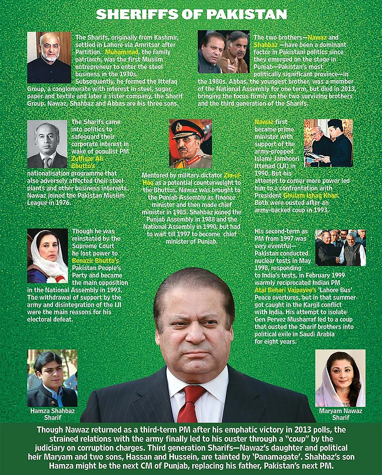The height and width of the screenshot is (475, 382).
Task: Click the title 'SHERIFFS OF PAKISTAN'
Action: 191,14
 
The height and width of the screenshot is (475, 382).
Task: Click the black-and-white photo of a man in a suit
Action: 47,144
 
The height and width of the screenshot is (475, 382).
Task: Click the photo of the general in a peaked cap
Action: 190,144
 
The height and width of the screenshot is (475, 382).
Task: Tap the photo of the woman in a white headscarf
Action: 47,256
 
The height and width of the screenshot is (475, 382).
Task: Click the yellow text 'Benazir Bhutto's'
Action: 95,262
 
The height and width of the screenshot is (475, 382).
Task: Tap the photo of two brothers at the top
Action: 224,52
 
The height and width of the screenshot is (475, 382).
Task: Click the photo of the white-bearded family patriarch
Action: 49,57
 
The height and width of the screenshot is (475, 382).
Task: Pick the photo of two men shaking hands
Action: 341,248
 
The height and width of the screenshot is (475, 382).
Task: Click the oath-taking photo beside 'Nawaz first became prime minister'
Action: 328,143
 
